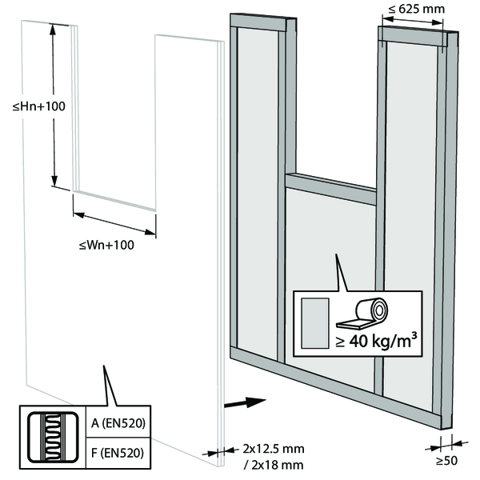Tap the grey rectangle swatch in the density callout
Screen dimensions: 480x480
pos(316,323)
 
